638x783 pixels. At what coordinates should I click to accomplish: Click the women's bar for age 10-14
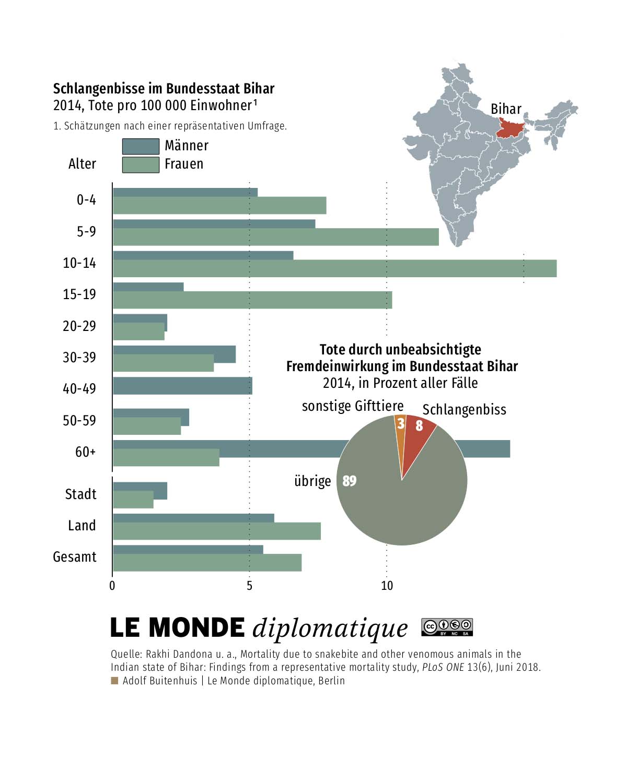tap(334, 268)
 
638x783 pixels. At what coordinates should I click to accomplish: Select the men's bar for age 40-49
tap(182, 386)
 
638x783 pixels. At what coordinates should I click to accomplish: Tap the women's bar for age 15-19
tap(252, 300)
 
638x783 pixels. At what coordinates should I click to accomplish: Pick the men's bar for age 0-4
tap(185, 192)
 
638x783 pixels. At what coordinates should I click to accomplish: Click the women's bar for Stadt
tap(133, 500)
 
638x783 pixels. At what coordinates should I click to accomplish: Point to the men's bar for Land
tap(193, 518)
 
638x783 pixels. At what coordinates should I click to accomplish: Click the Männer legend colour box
tap(141, 146)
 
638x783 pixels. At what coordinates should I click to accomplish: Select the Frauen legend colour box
tap(141, 164)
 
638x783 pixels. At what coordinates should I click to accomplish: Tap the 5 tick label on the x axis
tap(249, 586)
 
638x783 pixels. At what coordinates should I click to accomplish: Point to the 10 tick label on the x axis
tap(387, 586)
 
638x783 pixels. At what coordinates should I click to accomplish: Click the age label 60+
tap(86, 452)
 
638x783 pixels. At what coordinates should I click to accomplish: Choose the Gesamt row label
tap(75, 557)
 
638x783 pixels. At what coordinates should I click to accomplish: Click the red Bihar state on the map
tap(510, 128)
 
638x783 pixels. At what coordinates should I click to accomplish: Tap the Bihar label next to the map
tap(506, 109)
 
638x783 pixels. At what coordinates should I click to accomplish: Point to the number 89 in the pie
tap(350, 481)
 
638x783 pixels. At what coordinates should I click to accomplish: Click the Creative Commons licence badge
tap(447, 627)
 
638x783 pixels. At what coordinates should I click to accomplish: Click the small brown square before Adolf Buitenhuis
tap(114, 681)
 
